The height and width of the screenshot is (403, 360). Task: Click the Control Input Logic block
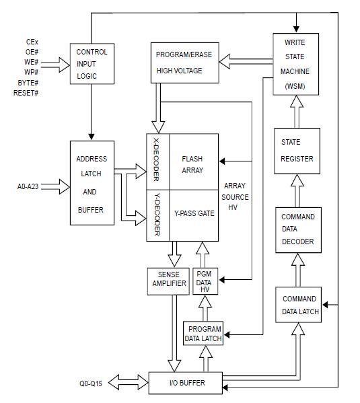pos(92,64)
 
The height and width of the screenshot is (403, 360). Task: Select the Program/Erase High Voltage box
pos(183,62)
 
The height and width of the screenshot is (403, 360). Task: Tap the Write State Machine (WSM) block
pos(294,64)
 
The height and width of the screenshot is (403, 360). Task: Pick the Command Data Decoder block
pos(297,229)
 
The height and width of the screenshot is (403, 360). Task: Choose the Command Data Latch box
pos(297,305)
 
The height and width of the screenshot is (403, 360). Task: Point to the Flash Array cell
pos(193,165)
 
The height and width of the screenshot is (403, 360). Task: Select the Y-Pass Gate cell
pos(193,214)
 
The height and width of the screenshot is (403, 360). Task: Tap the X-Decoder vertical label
pos(157,161)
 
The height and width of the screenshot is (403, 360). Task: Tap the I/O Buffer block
pos(186,383)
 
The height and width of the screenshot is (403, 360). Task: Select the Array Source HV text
pos(236,197)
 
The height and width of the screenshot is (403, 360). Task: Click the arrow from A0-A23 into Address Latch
pos(57,188)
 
